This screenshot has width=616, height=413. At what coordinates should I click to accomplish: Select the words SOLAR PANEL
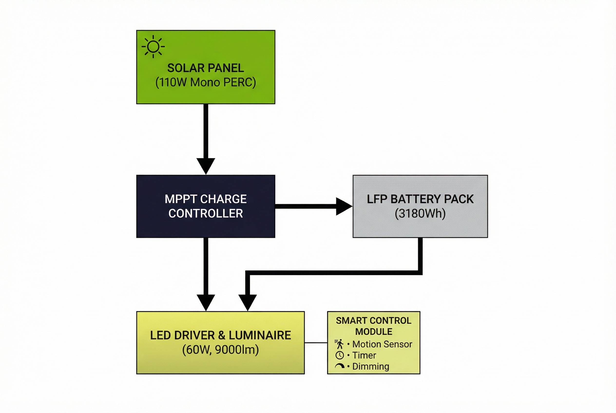click(206, 68)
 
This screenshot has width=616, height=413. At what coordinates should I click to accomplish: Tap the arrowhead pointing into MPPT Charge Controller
click(206, 165)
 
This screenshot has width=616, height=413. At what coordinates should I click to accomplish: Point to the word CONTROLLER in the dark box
click(206, 213)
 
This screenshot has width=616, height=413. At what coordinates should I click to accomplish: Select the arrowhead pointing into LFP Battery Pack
click(343, 206)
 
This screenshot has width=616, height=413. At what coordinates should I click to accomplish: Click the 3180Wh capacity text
click(420, 213)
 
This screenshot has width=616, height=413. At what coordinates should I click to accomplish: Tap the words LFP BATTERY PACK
click(420, 199)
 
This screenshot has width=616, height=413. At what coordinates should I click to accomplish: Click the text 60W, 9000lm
click(220, 350)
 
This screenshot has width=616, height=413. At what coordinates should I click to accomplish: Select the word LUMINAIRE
click(260, 335)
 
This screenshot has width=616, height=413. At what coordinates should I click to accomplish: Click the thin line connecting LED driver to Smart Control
click(316, 343)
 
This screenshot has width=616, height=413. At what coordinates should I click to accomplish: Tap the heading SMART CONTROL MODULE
click(374, 326)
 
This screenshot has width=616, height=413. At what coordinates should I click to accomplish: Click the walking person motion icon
click(339, 344)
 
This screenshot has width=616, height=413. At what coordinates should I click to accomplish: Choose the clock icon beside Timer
click(339, 355)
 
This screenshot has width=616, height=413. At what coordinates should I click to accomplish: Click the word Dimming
click(371, 366)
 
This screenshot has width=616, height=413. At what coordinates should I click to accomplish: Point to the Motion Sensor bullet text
click(382, 344)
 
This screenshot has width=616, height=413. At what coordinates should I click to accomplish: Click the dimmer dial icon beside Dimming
click(339, 366)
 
